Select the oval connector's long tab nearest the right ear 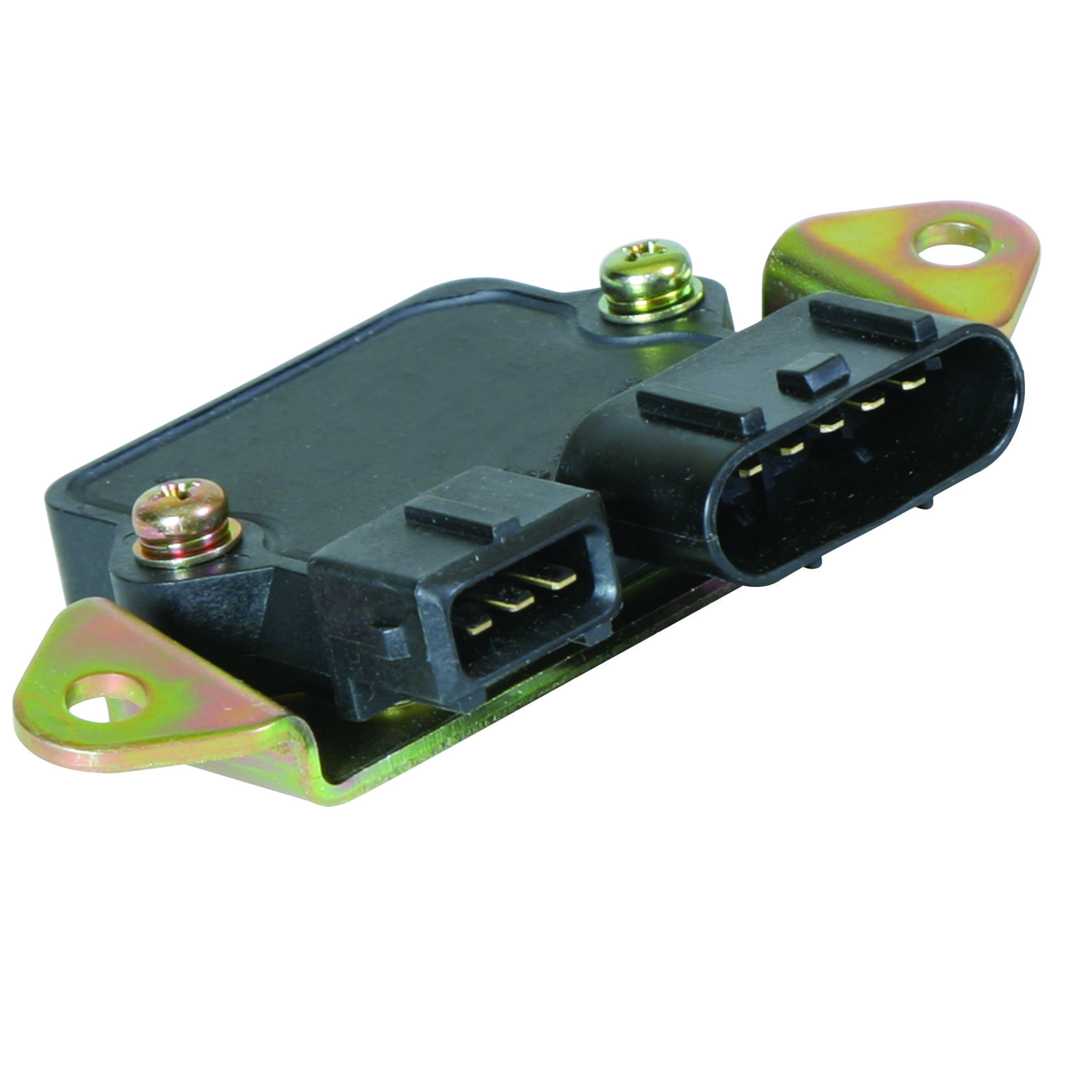(871, 322)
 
